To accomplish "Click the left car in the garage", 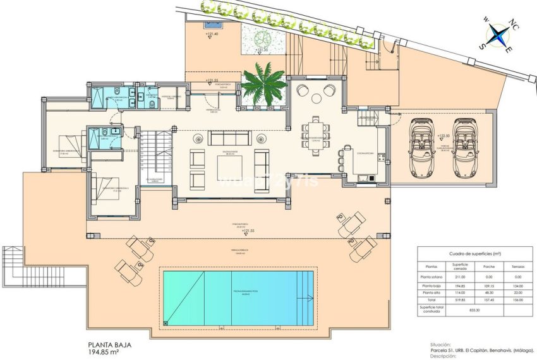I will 421,147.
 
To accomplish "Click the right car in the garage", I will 464,147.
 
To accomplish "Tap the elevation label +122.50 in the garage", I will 444,136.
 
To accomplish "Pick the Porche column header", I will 492,267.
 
